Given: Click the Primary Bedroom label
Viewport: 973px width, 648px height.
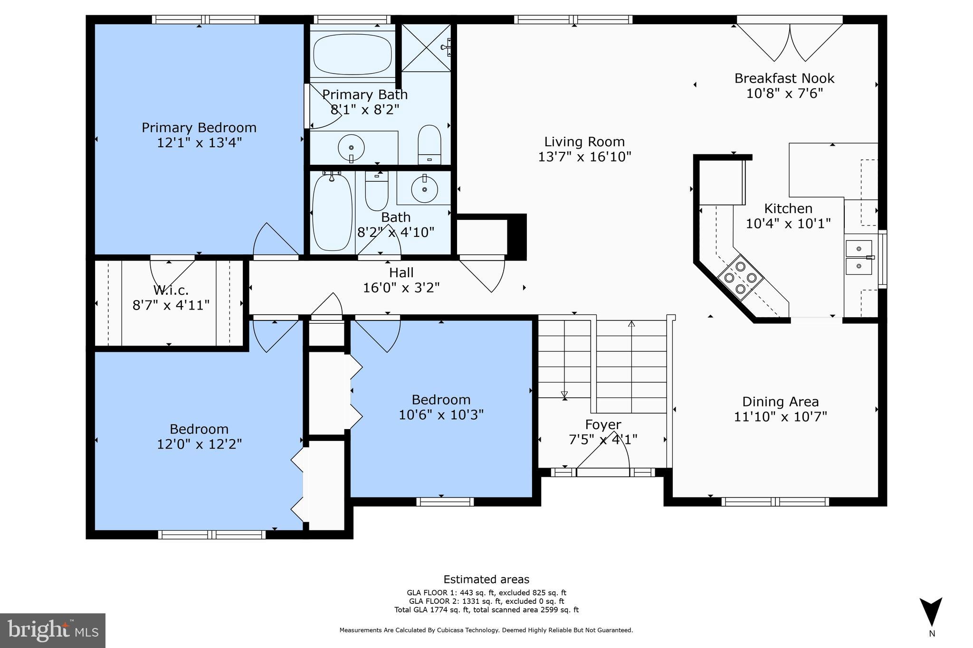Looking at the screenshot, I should pos(199,128).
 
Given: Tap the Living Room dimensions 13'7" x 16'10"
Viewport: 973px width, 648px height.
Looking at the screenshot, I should pos(584,157).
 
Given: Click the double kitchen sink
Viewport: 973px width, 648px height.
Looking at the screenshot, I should pos(859,257).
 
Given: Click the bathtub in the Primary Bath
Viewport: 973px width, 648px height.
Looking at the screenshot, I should pos(353,54).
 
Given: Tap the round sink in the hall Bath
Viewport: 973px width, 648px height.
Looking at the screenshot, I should pos(424,188).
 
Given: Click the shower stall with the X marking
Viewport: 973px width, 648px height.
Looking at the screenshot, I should pos(425,47).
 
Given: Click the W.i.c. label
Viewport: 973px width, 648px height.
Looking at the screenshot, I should pos(171,290).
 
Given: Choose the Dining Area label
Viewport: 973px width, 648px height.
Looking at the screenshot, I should pos(780,402).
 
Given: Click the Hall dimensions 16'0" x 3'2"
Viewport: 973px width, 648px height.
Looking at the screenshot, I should pos(401,288).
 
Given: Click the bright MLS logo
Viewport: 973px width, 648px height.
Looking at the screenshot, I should pos(52,630).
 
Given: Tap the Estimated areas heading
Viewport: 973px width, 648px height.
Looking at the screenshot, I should pos(486,579).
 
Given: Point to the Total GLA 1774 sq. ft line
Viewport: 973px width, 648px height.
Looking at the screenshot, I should pos(486,610).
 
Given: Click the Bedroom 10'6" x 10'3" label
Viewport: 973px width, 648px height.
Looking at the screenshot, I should pos(441,400).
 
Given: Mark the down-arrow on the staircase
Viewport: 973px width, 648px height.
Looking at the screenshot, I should pos(564,394).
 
